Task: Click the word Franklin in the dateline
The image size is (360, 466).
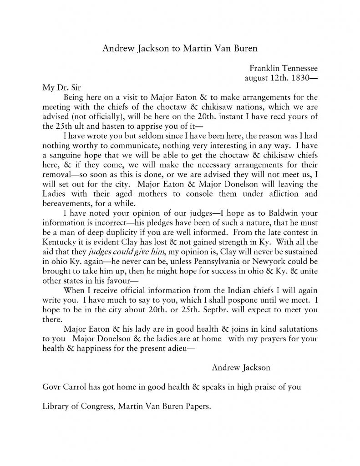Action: [x=264, y=68]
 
